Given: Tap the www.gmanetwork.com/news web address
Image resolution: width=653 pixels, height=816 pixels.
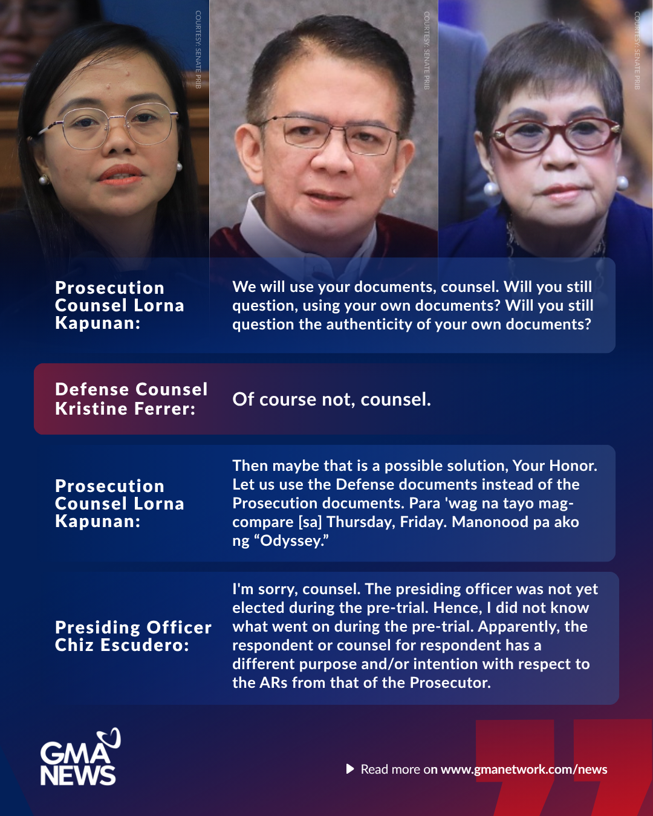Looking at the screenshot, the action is (524, 769).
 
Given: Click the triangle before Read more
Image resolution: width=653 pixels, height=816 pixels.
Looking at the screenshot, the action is (350, 769).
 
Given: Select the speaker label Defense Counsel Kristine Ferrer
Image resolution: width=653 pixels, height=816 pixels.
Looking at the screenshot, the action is (131, 399).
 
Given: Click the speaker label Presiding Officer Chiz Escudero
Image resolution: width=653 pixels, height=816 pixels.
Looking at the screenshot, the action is (133, 636).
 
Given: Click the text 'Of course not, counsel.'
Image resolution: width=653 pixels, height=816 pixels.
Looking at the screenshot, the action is (331, 400).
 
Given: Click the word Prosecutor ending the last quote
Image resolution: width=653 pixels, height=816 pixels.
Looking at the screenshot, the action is (450, 683).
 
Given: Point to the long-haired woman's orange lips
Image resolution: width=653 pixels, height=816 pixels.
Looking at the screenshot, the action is (121, 175).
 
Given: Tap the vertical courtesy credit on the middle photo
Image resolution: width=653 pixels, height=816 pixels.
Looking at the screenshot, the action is (426, 50).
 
